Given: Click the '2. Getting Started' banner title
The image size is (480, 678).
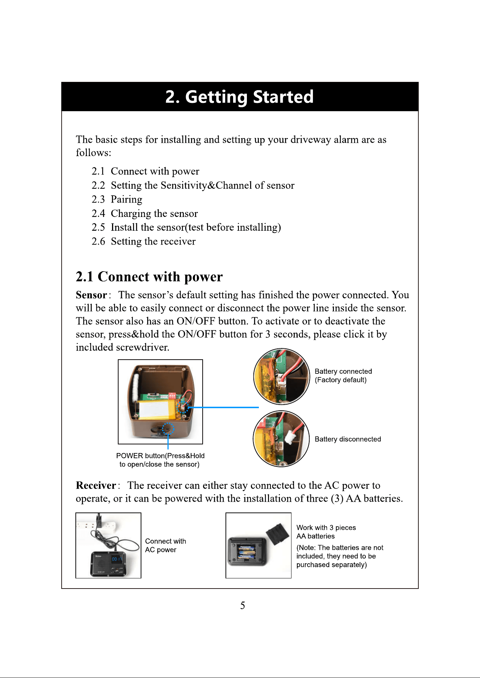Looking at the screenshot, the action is [239, 97].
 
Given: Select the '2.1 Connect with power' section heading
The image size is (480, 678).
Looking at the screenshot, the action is [149, 277].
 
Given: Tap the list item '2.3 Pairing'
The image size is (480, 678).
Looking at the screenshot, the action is [117, 200].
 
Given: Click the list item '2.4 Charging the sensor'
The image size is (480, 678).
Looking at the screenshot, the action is [145, 214].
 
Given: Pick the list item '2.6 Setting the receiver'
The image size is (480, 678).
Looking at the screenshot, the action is [144, 242].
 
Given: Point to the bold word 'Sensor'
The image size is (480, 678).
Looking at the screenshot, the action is [91, 295].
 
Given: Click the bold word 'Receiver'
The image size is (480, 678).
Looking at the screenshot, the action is [96, 485].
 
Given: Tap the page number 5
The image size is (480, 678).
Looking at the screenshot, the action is [243, 605].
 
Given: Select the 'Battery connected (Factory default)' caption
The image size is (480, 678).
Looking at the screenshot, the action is [343, 376].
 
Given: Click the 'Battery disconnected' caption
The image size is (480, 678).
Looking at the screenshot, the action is [348, 439].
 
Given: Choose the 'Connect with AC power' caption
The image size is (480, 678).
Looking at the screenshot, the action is [165, 545].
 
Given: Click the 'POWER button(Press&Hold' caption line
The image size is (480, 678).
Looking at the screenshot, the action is [160, 456].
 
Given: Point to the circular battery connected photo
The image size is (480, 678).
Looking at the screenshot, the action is [281, 377].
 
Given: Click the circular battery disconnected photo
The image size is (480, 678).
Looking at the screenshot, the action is [281, 439].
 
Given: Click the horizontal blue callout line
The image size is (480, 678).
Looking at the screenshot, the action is [223, 407].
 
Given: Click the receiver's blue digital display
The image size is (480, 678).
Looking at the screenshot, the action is [117, 559].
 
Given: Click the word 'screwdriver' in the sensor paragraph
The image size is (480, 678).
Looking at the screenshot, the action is [142, 347].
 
